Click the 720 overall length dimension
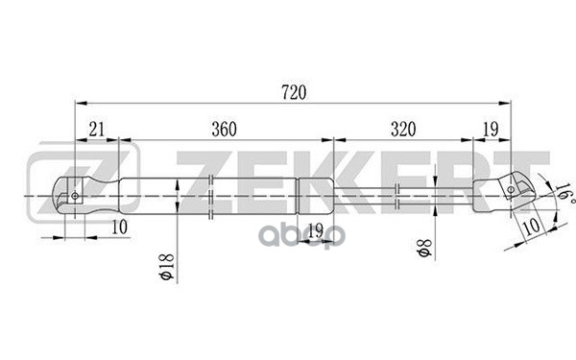coord(294,92)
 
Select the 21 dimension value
coord(97,129)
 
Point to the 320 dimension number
coord(403,129)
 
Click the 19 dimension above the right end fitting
coord(490,129)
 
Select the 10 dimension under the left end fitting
coord(119,227)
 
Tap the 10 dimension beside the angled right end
coord(529,227)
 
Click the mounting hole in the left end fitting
coord(73,195)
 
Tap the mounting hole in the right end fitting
coord(511,189)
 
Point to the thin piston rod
coord(403,195)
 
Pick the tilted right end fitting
coord(504,190)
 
